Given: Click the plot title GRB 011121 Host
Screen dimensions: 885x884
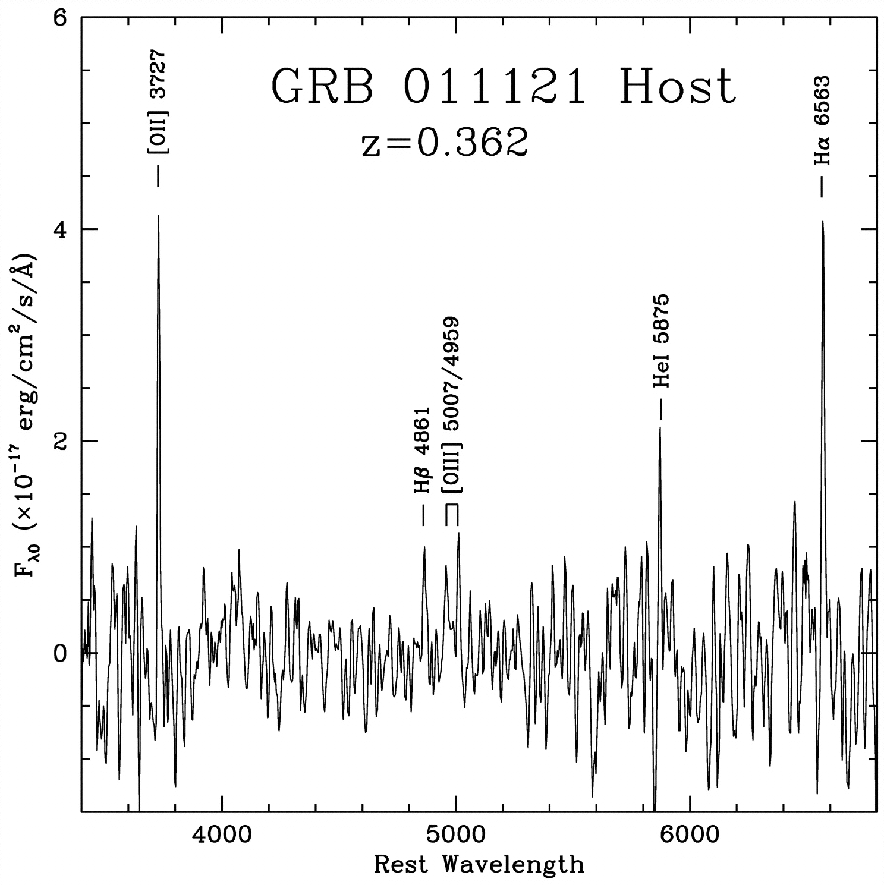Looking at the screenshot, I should tap(504, 87).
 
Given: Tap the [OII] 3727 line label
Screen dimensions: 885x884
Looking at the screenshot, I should tap(158, 102).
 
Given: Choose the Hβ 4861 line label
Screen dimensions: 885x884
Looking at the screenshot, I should tap(421, 451).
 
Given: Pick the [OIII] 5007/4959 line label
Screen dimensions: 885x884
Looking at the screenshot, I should tap(453, 405).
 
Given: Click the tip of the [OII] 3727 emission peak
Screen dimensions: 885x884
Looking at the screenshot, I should tap(158, 216).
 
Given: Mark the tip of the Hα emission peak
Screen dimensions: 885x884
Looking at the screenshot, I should tap(823, 222).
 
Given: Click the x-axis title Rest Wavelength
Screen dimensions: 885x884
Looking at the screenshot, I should tap(479, 864).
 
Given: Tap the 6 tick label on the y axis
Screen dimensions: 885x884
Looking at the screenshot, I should tap(59, 18).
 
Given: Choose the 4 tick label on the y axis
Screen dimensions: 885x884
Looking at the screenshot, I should tap(59, 229).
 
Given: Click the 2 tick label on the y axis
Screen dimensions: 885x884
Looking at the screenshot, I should tap(59, 441).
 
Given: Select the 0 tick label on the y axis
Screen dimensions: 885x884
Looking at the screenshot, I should tap(59, 653).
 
